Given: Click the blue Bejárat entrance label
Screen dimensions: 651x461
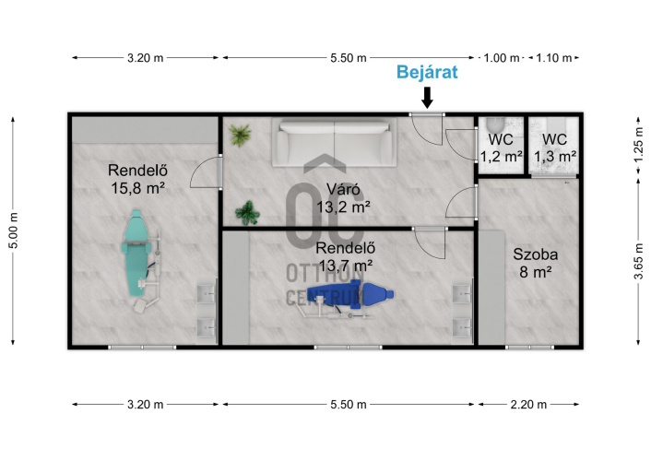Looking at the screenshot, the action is pyautogui.click(x=427, y=72).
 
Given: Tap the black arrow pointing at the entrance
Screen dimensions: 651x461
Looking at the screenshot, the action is pyautogui.click(x=427, y=98).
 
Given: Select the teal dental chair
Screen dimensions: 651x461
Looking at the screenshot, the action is pyautogui.click(x=136, y=253).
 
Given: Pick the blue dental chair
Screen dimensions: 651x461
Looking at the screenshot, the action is pyautogui.click(x=350, y=294).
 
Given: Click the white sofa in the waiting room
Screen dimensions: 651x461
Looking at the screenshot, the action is pyautogui.click(x=334, y=143).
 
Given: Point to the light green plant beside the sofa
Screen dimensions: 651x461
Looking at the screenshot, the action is pyautogui.click(x=240, y=135).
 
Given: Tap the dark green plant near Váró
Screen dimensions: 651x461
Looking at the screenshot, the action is pyautogui.click(x=247, y=213).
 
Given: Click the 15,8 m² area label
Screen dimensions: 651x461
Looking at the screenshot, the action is pyautogui.click(x=137, y=188).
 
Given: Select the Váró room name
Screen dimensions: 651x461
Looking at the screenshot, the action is pyautogui.click(x=343, y=189).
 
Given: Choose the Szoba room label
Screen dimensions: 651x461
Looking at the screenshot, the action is pyautogui.click(x=535, y=254).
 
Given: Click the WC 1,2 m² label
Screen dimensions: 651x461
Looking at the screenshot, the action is pyautogui.click(x=501, y=148).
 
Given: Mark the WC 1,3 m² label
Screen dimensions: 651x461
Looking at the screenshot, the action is pyautogui.click(x=555, y=148).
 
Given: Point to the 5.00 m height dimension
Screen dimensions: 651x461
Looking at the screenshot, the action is pyautogui.click(x=14, y=230).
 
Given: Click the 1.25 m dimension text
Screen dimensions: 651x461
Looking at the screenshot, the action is pyautogui.click(x=638, y=145).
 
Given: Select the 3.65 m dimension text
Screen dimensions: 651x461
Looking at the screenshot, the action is pyautogui.click(x=638, y=262).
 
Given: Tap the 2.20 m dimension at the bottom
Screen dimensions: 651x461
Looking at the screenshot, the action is pyautogui.click(x=528, y=405).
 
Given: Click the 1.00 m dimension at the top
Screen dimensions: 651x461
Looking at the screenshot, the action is pyautogui.click(x=501, y=58).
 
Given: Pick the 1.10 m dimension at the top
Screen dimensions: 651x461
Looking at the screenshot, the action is pyautogui.click(x=554, y=58).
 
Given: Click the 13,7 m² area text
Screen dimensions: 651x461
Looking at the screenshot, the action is pyautogui.click(x=346, y=265).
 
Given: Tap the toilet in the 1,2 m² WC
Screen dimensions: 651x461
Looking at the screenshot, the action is pyautogui.click(x=495, y=124).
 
